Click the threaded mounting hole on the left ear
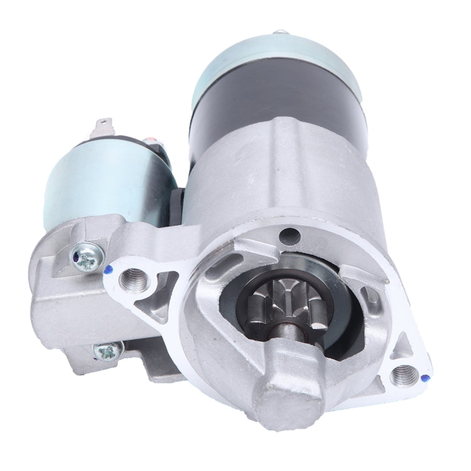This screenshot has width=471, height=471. [134, 277]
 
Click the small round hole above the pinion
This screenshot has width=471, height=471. [289, 237]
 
